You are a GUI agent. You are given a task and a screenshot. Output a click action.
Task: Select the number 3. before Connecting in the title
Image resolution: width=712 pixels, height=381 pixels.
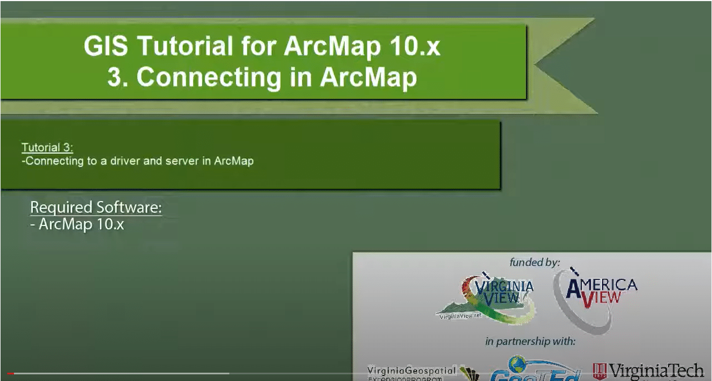118,78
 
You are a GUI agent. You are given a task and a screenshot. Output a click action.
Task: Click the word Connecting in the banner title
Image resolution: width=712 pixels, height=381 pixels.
209,78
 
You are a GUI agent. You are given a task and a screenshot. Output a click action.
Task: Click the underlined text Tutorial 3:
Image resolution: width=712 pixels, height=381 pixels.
47,148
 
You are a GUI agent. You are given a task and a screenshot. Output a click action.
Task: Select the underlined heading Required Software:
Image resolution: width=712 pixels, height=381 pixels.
96,208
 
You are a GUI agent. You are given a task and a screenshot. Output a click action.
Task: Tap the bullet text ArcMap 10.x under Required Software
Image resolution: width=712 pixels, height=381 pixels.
81,225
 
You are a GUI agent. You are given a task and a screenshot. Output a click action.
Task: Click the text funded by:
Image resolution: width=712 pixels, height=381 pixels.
534,262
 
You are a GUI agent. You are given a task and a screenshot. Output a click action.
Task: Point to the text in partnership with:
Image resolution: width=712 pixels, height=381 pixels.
530,341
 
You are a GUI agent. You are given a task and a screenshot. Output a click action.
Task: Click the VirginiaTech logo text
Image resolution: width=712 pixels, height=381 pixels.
656,370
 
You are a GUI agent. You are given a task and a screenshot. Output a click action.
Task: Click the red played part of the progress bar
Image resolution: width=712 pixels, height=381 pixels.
11,374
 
